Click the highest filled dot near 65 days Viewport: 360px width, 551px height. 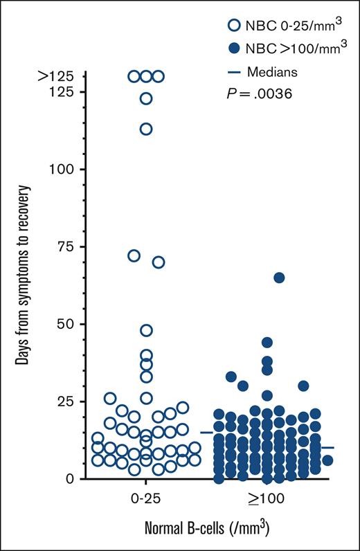point(279,278)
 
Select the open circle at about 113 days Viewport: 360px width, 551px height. point(146,129)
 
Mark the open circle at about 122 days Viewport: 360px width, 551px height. point(146,99)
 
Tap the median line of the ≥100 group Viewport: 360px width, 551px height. point(327,448)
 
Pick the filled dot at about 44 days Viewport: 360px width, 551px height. point(267,342)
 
